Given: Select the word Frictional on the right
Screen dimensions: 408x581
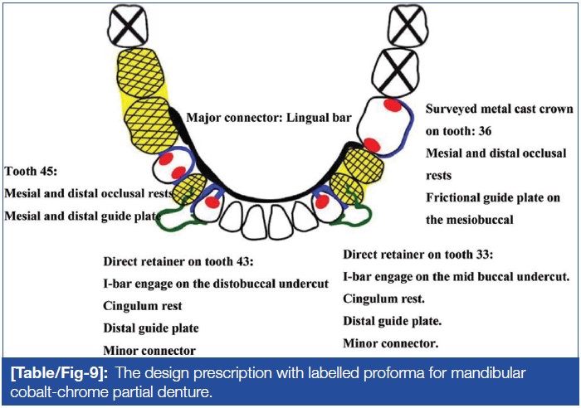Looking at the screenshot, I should [457, 197].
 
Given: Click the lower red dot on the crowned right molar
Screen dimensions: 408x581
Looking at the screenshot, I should [373, 146].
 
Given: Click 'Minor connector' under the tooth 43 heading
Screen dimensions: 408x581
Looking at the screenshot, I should [150, 350].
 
